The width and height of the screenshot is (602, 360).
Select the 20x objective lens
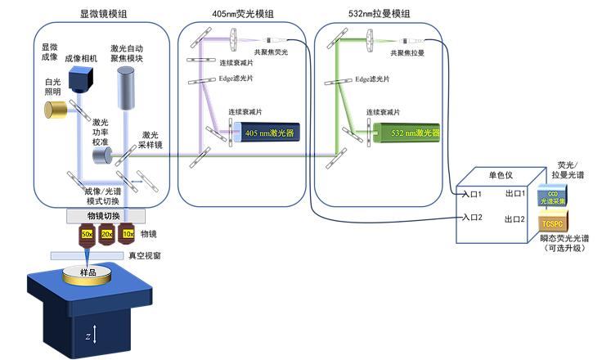(106, 236)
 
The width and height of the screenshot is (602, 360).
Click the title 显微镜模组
(102, 15)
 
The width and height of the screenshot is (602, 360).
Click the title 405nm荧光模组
(243, 15)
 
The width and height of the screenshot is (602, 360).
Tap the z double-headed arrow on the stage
(97, 334)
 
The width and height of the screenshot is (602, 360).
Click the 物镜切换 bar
(106, 216)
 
